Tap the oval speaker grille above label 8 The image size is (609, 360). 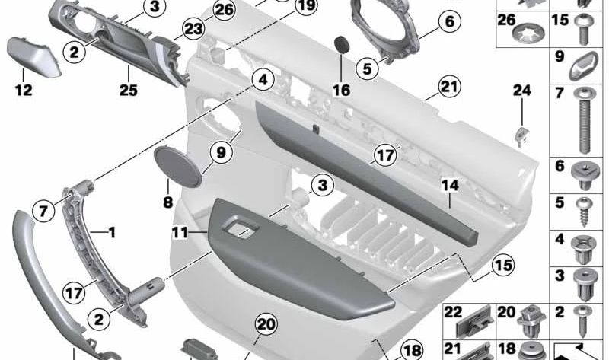[x=180, y=162]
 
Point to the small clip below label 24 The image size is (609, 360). [x=523, y=135]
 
